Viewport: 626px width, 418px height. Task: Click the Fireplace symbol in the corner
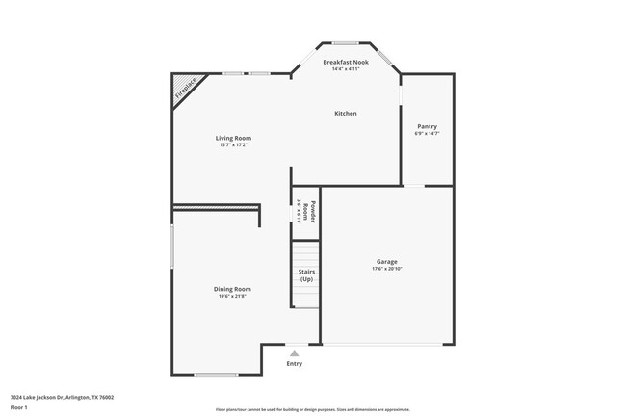click(x=185, y=90)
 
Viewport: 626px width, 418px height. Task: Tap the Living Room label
click(x=233, y=138)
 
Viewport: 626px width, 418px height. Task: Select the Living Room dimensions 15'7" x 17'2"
click(x=233, y=144)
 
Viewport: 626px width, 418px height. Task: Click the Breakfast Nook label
click(x=345, y=62)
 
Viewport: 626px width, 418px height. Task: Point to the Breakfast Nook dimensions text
click(x=345, y=69)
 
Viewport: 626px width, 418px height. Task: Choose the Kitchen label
click(x=345, y=114)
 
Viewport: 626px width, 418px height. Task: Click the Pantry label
click(x=427, y=126)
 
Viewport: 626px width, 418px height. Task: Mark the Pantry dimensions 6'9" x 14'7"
click(x=427, y=134)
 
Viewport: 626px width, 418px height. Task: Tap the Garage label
click(x=386, y=261)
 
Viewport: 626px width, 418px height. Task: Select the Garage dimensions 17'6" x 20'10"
click(x=386, y=269)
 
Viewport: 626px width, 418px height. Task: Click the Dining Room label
click(x=232, y=289)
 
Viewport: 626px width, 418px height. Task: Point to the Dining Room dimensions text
click(x=232, y=296)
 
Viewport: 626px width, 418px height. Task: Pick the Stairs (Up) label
click(x=306, y=275)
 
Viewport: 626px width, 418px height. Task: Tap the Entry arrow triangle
click(x=295, y=353)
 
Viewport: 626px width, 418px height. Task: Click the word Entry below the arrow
click(x=295, y=363)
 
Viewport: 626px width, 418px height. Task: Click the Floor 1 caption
click(x=20, y=407)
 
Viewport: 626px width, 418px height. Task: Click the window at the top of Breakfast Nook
click(x=345, y=43)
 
